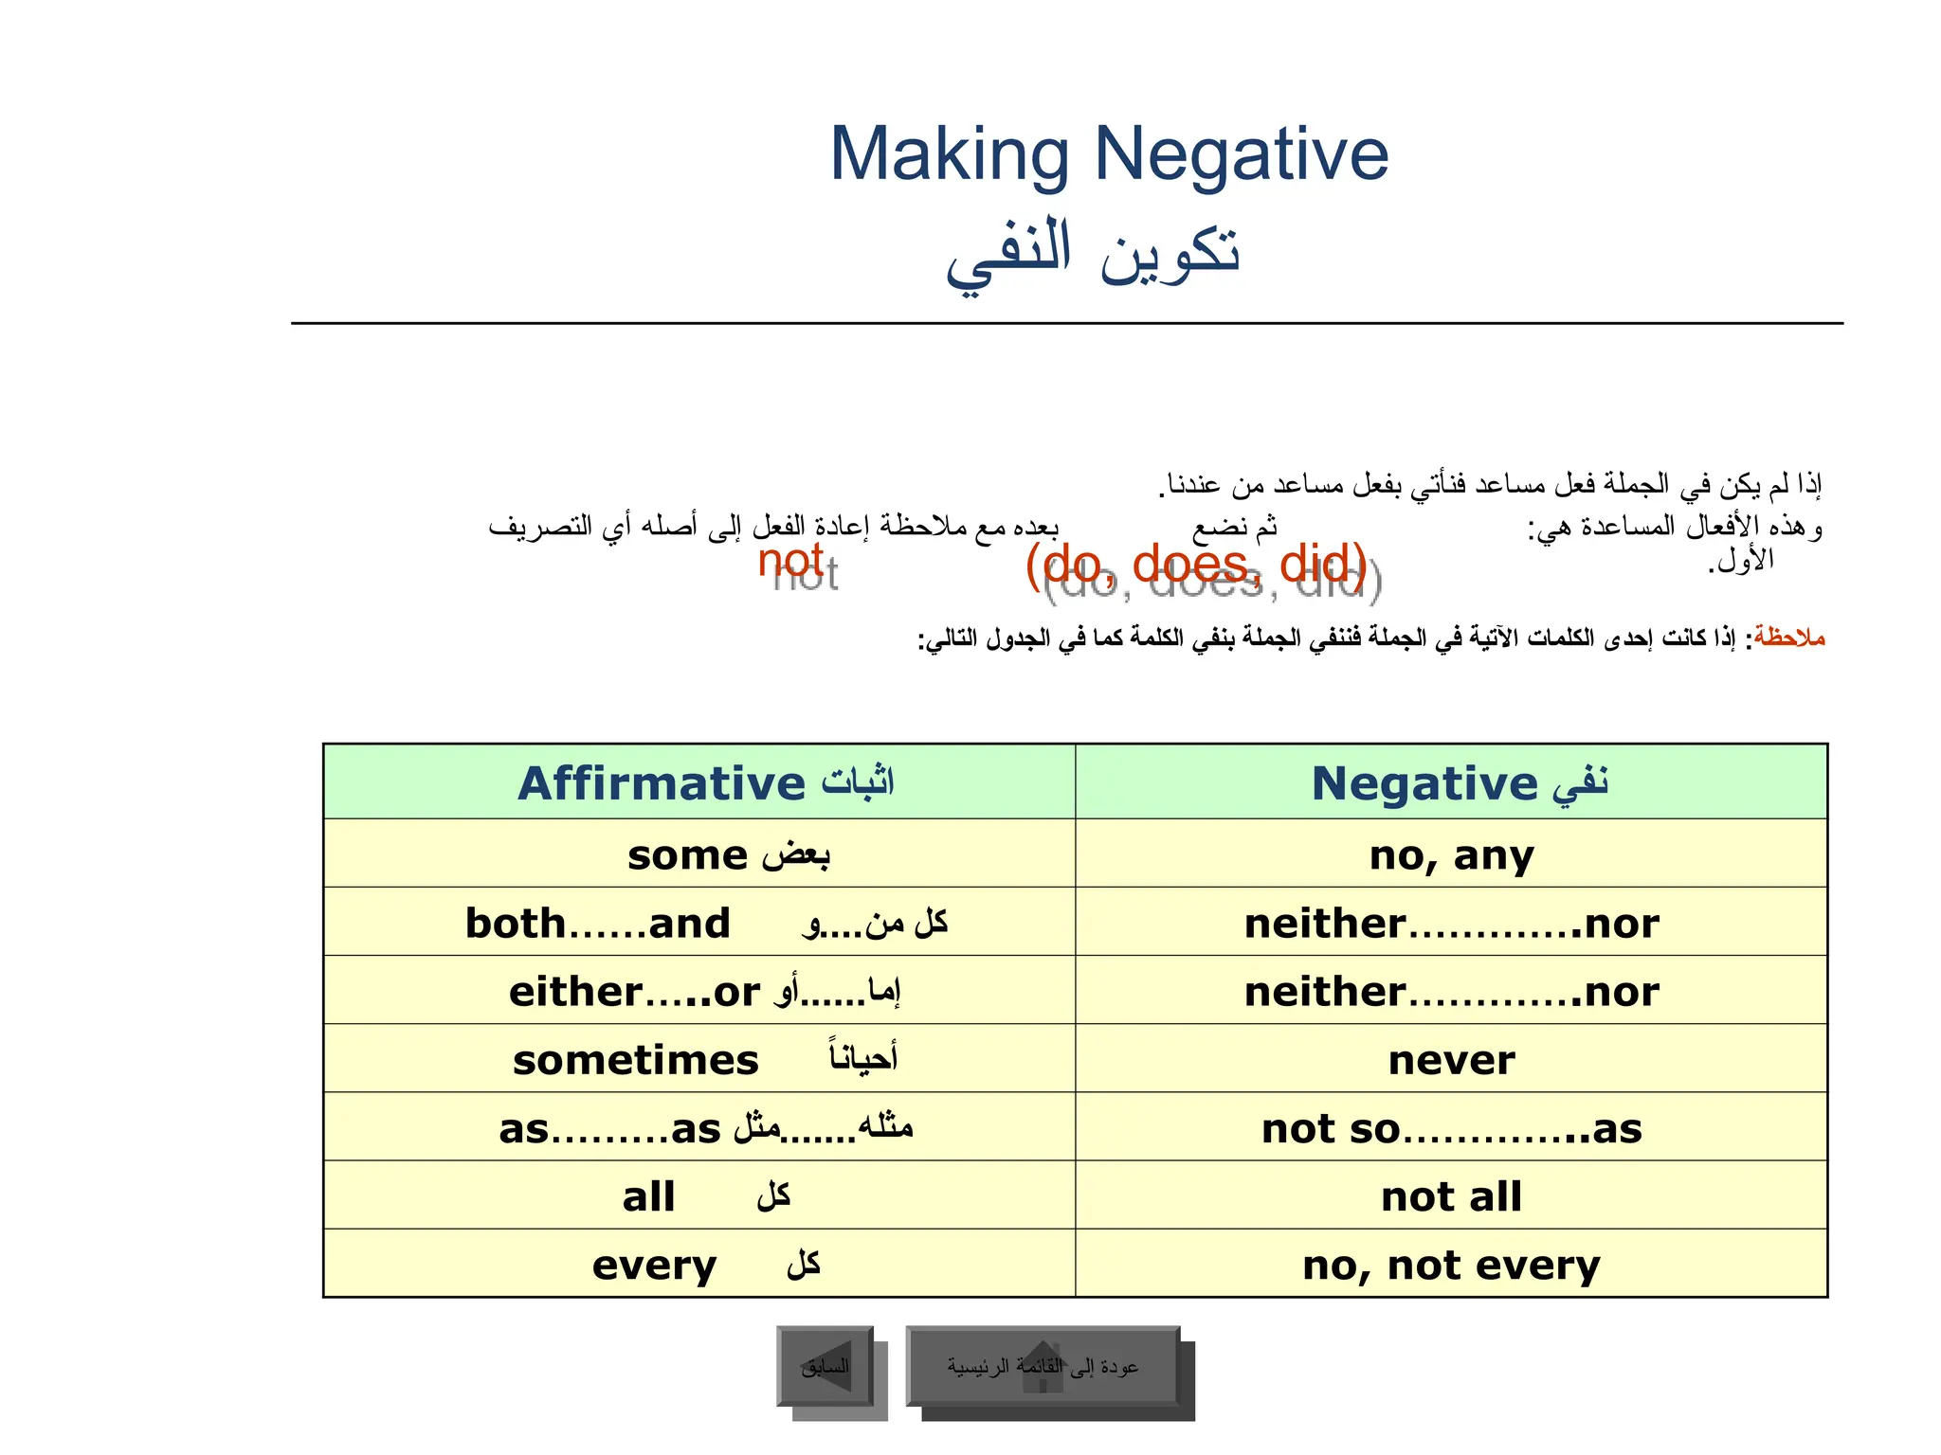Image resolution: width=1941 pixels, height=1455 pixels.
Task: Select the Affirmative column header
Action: [699, 782]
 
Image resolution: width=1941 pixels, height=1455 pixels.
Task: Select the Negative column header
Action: [1451, 782]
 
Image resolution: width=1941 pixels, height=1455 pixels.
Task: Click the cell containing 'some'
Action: [699, 854]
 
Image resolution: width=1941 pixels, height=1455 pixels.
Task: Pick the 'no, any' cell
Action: [1451, 854]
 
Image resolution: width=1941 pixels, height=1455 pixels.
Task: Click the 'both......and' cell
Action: [699, 923]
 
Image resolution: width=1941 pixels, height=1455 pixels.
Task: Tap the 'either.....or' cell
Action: [699, 991]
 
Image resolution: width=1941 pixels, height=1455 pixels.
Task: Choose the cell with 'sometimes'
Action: [699, 1059]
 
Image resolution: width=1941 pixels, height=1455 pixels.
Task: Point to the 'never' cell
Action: [1451, 1059]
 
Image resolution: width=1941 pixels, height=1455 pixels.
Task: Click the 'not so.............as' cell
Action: [1451, 1128]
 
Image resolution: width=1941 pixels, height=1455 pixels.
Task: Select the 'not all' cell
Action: [1451, 1196]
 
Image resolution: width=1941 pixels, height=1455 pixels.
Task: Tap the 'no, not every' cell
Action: [1451, 1265]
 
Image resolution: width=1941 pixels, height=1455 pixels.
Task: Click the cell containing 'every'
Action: [699, 1265]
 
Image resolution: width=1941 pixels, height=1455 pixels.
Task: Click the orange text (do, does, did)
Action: [1196, 565]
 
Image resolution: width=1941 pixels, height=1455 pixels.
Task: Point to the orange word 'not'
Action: [789, 560]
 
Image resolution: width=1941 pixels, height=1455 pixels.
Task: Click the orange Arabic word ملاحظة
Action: [1788, 638]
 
